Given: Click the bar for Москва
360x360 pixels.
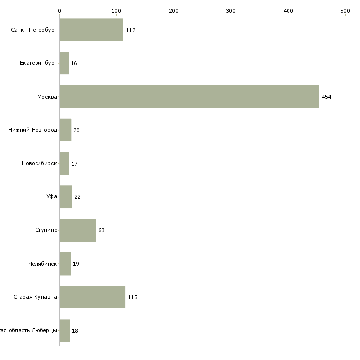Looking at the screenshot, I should (x=189, y=97).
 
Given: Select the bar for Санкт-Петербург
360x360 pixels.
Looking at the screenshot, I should (x=91, y=30).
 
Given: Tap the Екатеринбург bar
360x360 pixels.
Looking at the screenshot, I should (x=64, y=63).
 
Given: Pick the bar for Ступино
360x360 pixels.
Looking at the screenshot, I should (x=77, y=230).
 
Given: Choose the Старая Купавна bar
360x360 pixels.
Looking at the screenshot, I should (x=92, y=297).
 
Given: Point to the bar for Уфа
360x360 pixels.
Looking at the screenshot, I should (x=66, y=197).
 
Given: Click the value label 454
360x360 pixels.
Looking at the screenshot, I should (x=326, y=97).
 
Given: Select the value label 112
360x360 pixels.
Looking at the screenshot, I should (x=130, y=30).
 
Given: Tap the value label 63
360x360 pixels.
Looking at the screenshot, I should (x=101, y=230).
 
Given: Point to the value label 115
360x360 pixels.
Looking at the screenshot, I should (x=132, y=297).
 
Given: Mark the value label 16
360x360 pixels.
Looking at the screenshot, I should (x=74, y=63).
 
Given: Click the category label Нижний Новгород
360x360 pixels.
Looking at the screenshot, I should (x=33, y=130).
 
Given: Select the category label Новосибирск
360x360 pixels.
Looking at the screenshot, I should (x=39, y=163).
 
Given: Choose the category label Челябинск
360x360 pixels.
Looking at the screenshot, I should (x=42, y=264).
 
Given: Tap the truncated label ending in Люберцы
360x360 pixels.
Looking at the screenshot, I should (x=29, y=330).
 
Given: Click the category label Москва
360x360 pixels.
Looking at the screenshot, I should (x=47, y=97).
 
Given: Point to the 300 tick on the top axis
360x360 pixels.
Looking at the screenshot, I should (x=231, y=10).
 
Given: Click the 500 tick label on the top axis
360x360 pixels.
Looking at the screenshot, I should (x=345, y=10).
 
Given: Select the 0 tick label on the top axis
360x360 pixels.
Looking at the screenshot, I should (x=59, y=10).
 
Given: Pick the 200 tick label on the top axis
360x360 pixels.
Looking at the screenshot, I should (x=174, y=10).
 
